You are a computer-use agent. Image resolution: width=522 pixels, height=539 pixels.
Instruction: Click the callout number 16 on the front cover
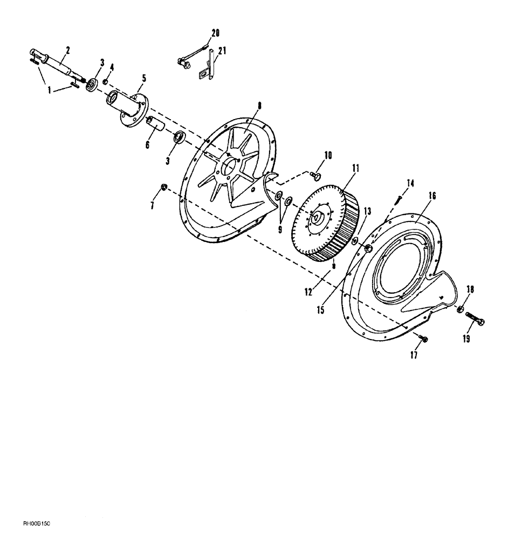pos(432,195)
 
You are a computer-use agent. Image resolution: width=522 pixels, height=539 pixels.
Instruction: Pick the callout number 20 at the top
pos(216,33)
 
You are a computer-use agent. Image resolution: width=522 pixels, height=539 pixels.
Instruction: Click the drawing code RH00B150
pos(41,523)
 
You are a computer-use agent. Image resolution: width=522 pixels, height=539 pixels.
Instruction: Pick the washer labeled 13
pos(354,239)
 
